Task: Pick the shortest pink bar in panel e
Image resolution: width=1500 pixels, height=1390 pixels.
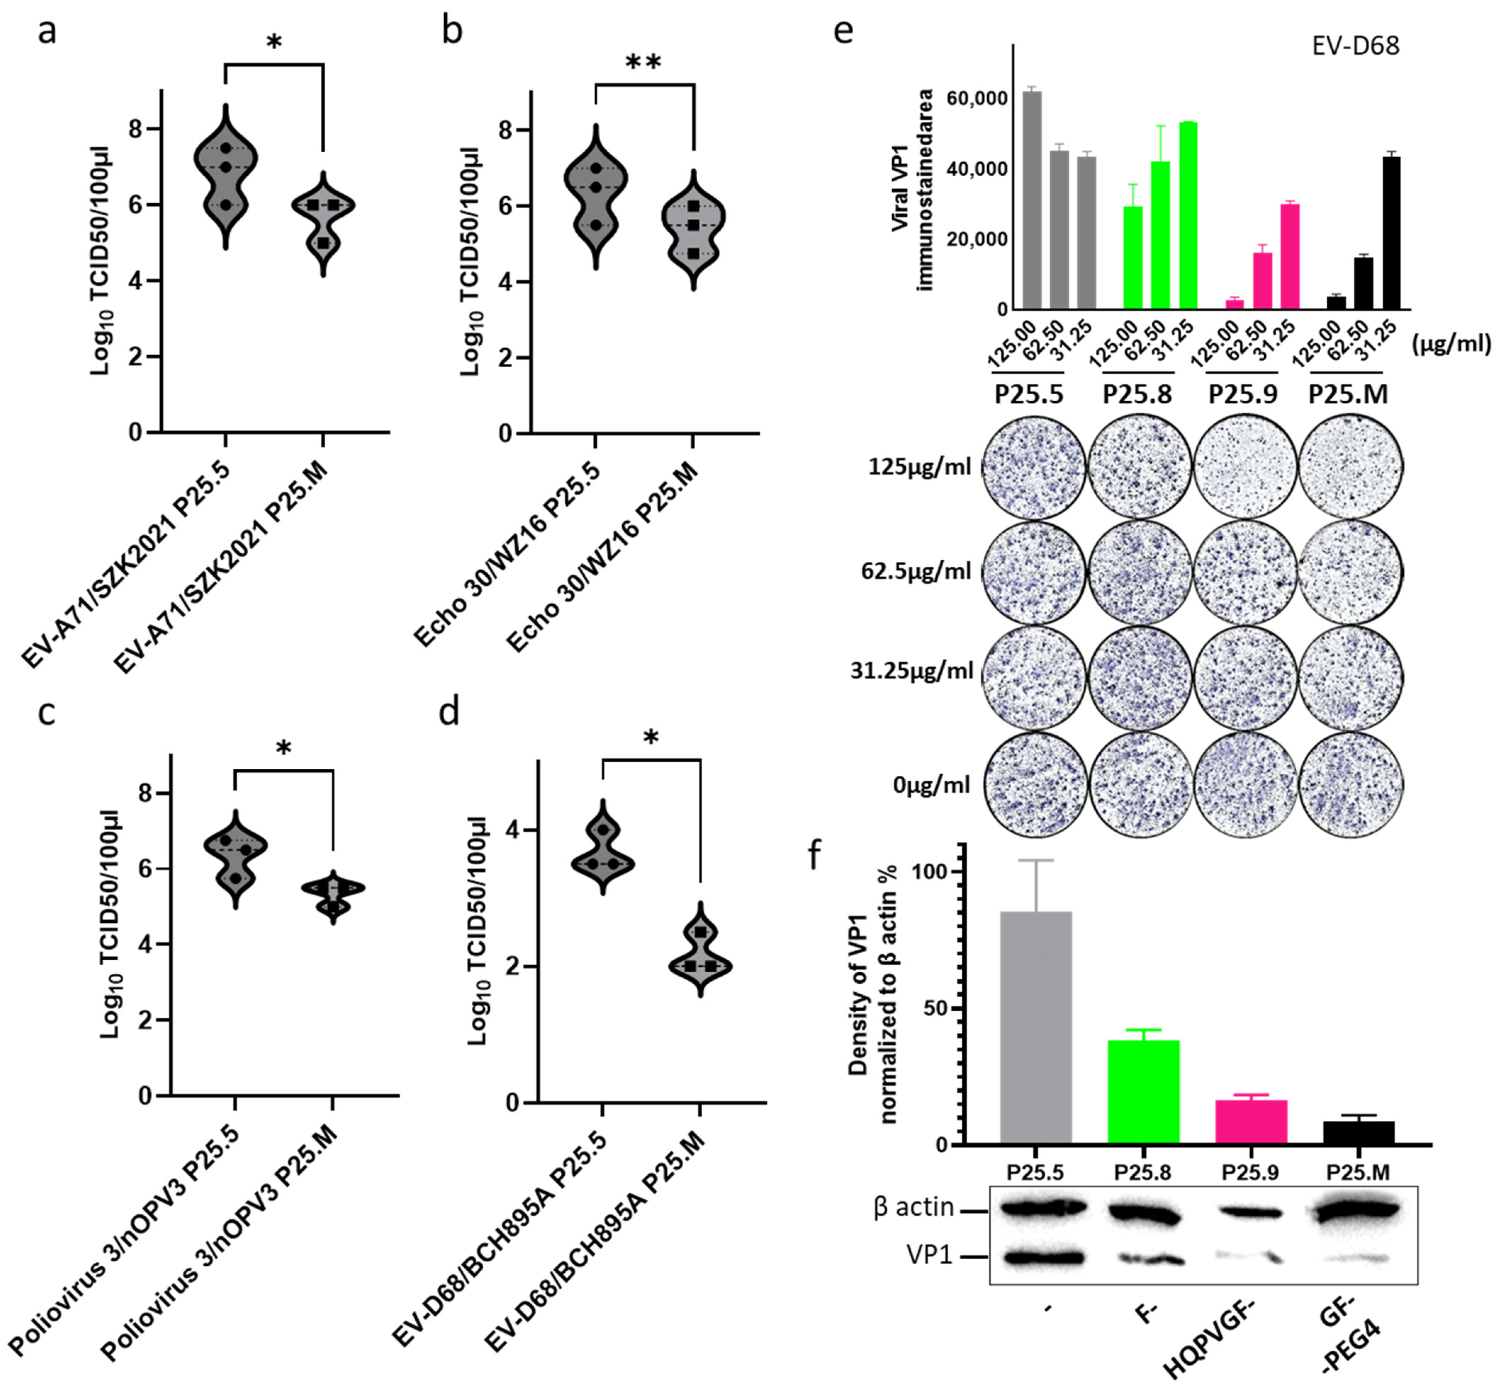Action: click(x=1235, y=304)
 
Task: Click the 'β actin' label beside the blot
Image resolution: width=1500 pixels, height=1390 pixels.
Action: click(x=913, y=1207)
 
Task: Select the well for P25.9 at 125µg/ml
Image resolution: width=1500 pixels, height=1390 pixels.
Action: click(x=1245, y=467)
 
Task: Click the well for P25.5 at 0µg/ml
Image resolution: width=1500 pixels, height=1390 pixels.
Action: click(x=1034, y=785)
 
